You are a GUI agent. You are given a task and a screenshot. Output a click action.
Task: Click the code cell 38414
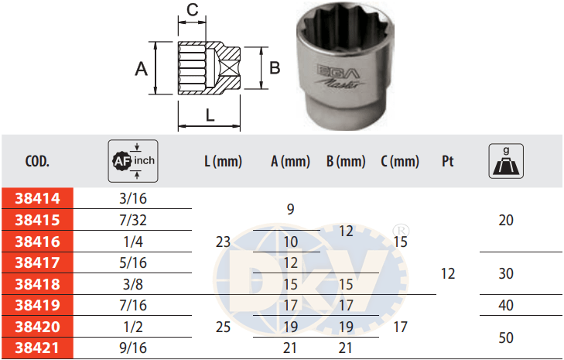point(37,198)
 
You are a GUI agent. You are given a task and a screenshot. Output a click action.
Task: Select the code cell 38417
point(37,262)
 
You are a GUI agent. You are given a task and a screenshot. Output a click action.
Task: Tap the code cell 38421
point(37,348)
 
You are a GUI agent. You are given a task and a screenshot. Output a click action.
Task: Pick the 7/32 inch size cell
point(133,220)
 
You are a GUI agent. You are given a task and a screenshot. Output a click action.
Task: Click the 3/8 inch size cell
point(133,284)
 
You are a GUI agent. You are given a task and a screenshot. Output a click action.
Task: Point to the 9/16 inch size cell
point(133,348)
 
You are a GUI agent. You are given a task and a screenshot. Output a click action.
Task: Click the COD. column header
point(37,161)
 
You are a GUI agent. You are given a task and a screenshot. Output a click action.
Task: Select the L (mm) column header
point(223,161)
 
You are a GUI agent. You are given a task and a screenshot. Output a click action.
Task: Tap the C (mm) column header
point(400,161)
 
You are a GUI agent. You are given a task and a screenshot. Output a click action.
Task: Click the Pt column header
point(448,161)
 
